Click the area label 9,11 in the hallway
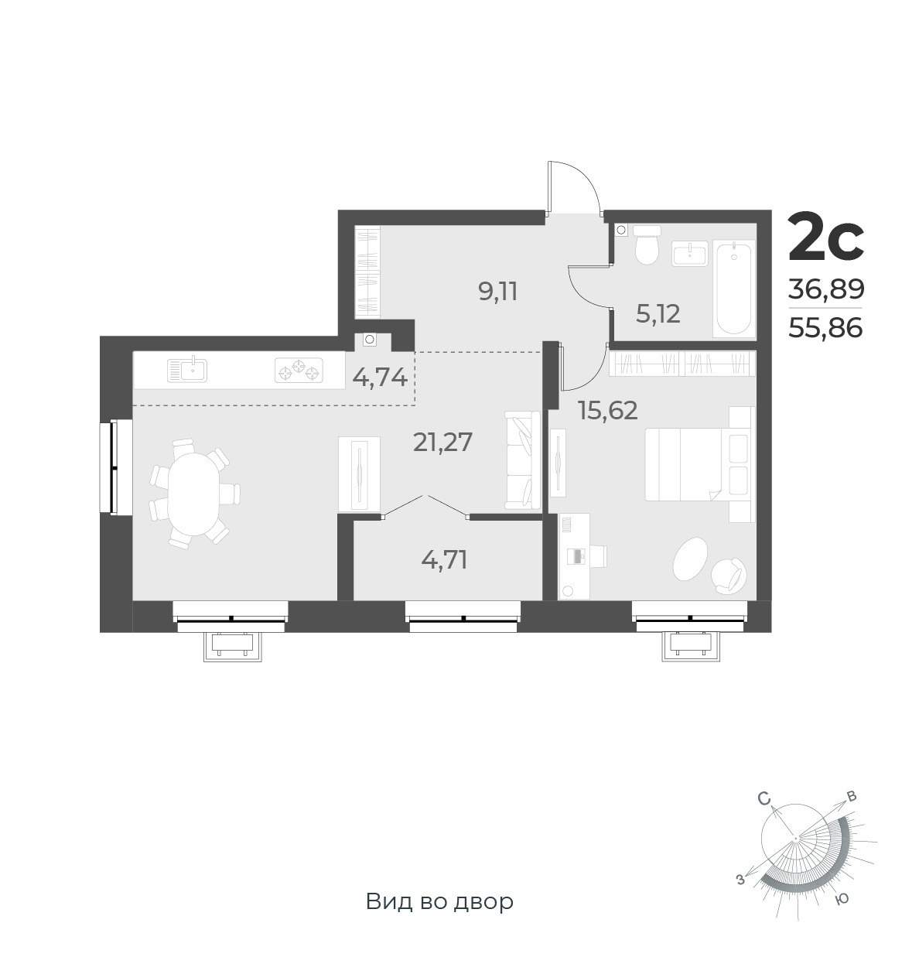point(497,292)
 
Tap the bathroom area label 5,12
point(658,314)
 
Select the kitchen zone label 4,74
point(380,378)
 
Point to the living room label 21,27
point(442,442)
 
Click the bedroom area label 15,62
point(608,411)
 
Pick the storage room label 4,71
point(444,560)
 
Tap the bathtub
point(734,289)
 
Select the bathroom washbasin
point(689,254)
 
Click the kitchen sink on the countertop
point(187,369)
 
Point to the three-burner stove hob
point(299,371)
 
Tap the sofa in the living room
point(522,460)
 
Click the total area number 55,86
point(825,327)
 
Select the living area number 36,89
point(826,289)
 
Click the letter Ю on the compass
point(842,898)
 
